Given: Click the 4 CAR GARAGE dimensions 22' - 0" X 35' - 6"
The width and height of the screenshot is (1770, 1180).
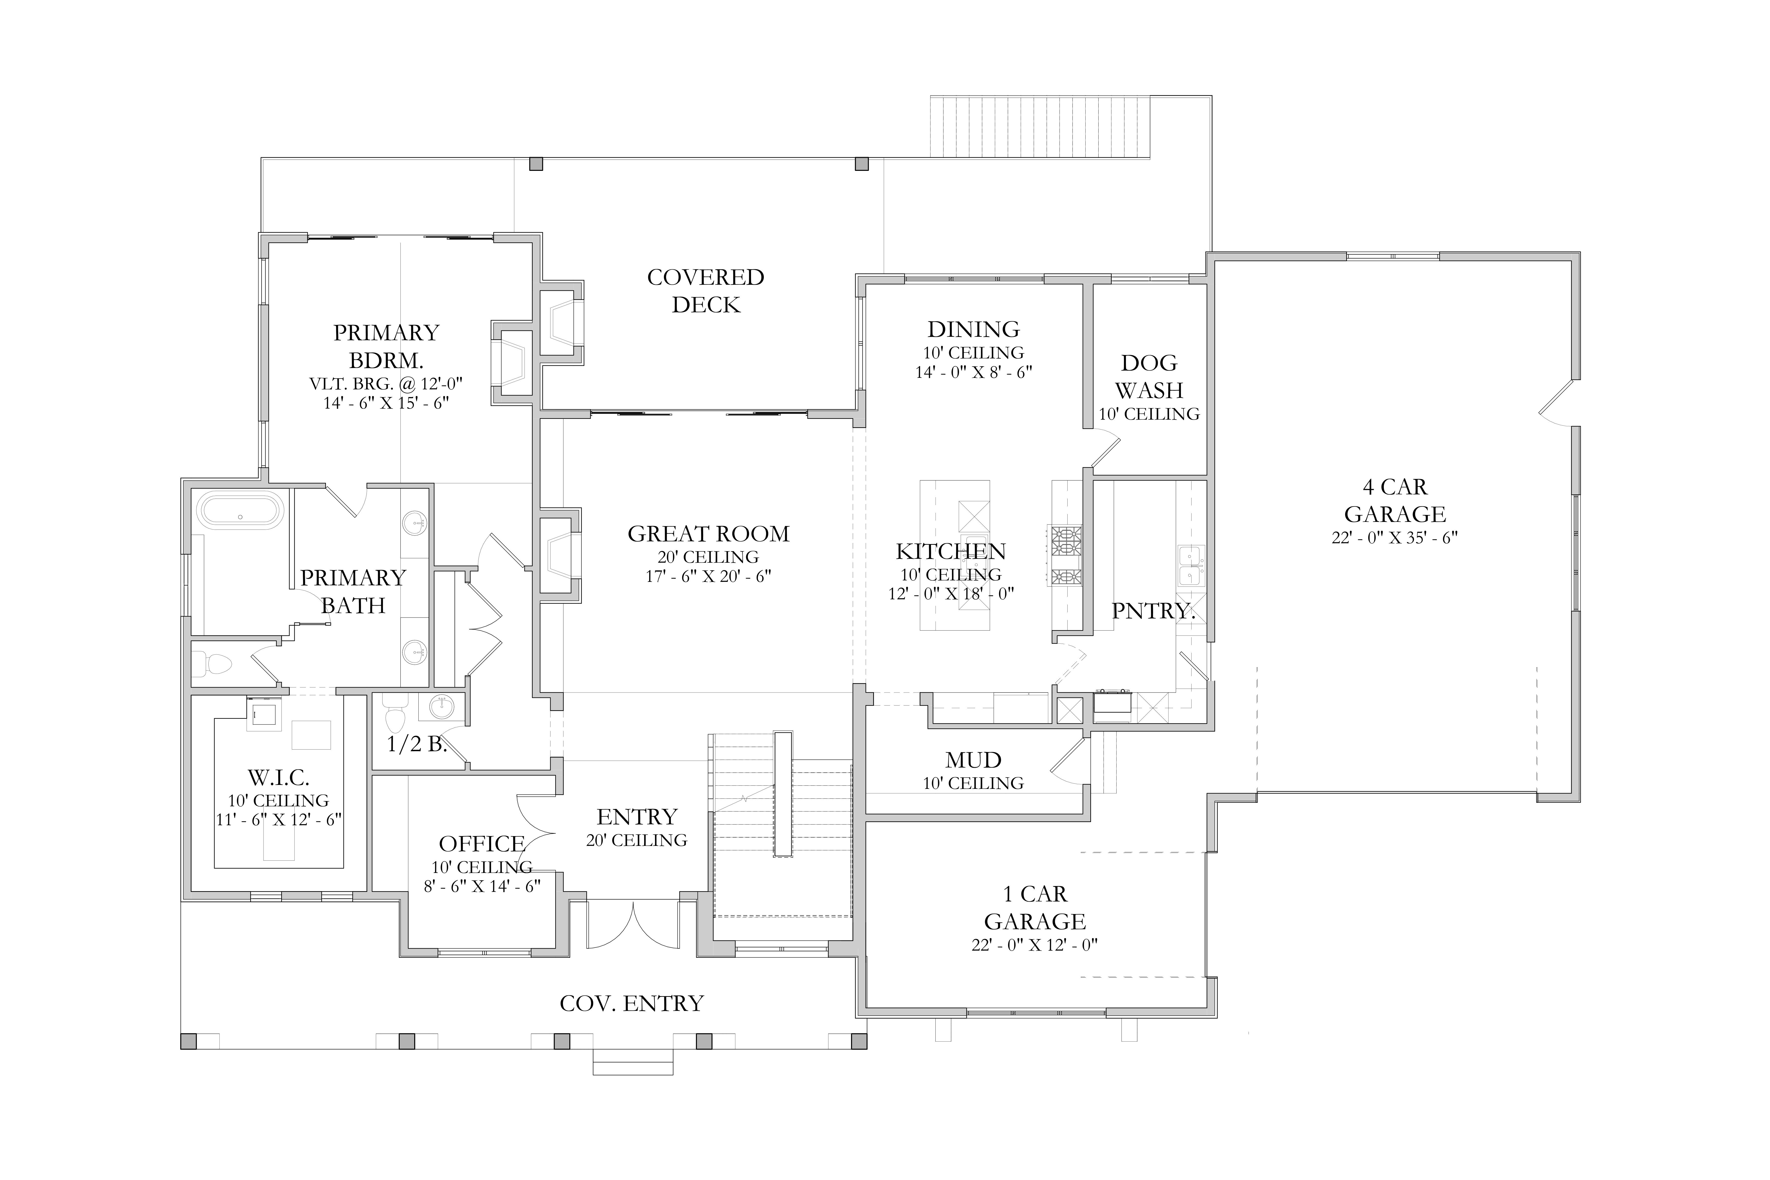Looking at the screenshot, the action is pos(1394,538).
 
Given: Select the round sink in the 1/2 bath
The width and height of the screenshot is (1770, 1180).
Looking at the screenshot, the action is pos(442,708).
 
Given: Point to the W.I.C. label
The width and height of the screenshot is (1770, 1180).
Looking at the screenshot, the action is pos(279,777).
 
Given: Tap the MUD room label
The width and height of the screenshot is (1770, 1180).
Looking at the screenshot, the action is pos(973,760).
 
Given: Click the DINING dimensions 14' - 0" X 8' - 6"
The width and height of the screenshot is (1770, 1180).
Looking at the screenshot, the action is pos(973,372).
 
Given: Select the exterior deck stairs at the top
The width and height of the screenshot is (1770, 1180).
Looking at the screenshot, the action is pos(1040,126).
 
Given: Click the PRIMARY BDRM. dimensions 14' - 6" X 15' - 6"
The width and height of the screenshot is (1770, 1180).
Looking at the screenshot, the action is pos(386,403).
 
